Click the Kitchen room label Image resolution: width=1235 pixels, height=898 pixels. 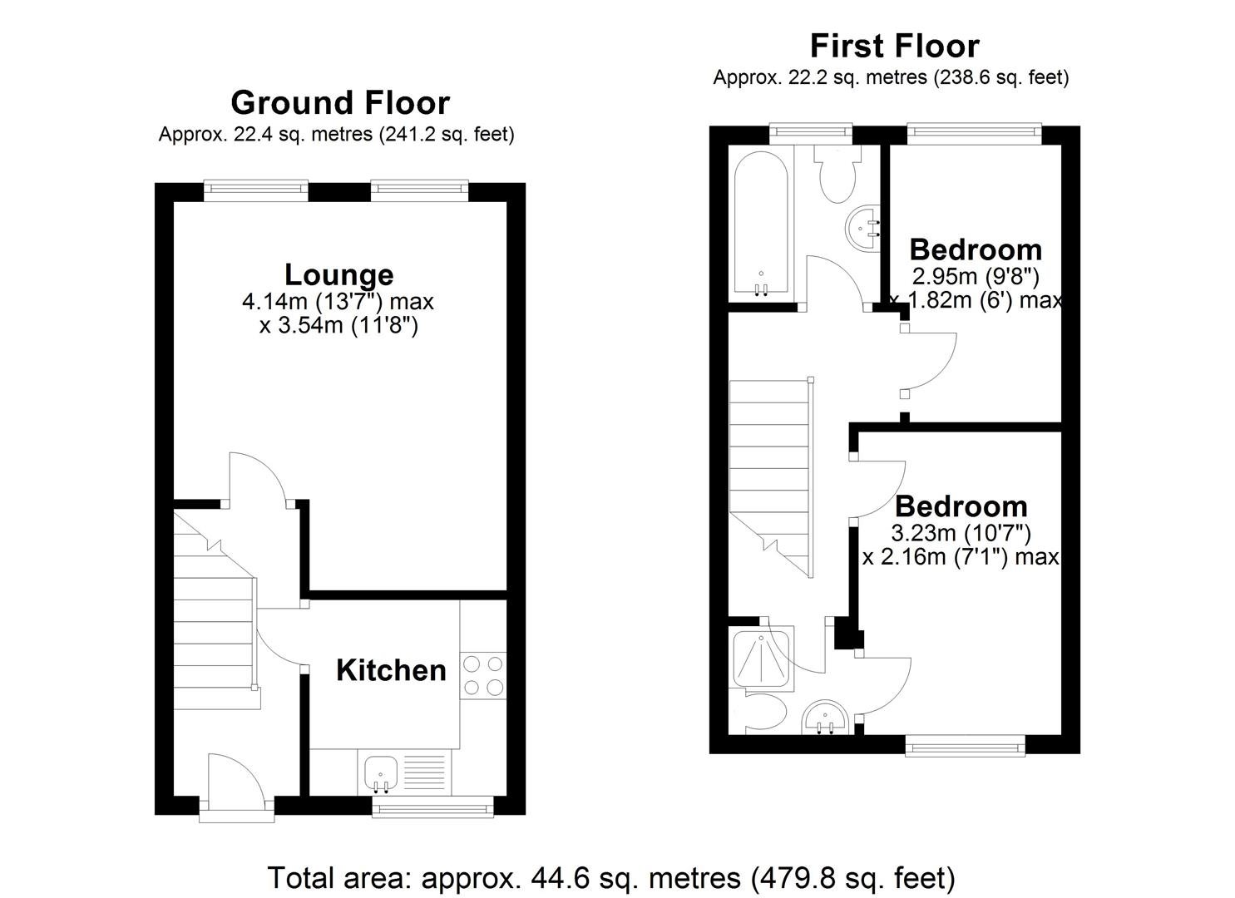pyautogui.click(x=391, y=670)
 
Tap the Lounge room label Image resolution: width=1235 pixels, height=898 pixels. pyautogui.click(x=339, y=275)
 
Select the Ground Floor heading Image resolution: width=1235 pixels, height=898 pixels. pyautogui.click(x=340, y=103)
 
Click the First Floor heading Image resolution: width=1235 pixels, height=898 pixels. pyautogui.click(x=894, y=47)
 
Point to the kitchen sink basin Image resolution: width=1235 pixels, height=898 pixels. pyautogui.click(x=382, y=773)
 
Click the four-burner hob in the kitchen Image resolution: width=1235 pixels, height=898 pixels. pyautogui.click(x=483, y=675)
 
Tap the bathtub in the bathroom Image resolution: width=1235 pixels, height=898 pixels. pyautogui.click(x=762, y=224)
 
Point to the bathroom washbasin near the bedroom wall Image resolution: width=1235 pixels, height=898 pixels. pyautogui.click(x=863, y=228)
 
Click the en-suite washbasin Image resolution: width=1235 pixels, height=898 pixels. pyautogui.click(x=825, y=718)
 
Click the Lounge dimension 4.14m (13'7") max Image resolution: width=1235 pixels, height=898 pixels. pyautogui.click(x=338, y=302)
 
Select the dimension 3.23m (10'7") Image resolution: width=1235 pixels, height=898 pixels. pyautogui.click(x=961, y=533)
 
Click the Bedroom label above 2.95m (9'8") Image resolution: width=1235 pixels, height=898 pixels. pyautogui.click(x=976, y=250)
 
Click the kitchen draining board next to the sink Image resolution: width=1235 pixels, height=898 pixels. pyautogui.click(x=424, y=773)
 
